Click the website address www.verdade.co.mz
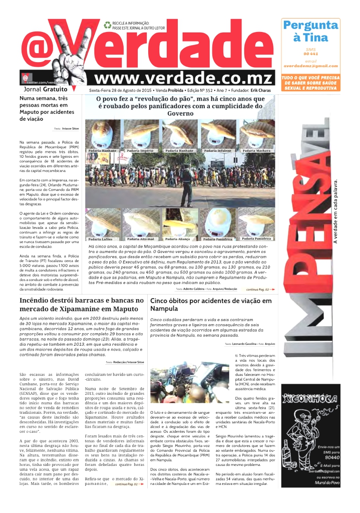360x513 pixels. tap(184, 79)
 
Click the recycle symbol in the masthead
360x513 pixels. tap(107, 25)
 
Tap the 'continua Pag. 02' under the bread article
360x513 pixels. tap(259, 290)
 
